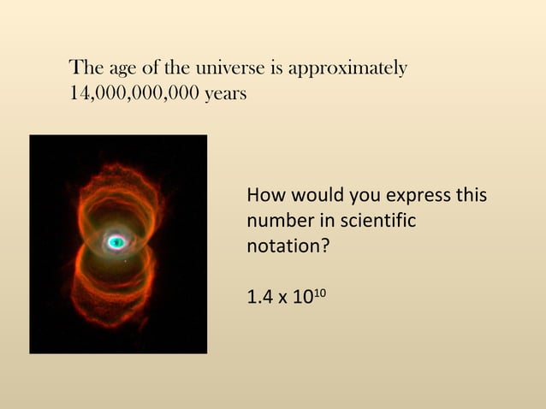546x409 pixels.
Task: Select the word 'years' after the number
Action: (x=225, y=93)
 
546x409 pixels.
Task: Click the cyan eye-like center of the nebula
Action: (x=117, y=243)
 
